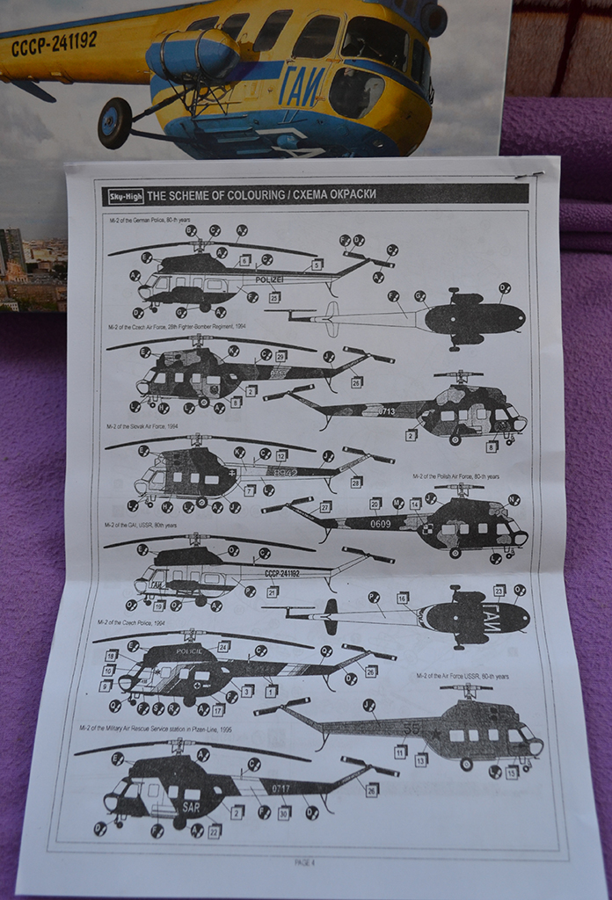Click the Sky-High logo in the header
click(124, 197)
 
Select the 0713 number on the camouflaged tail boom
click(386, 410)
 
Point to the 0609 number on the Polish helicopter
click(380, 524)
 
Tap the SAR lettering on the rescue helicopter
click(190, 807)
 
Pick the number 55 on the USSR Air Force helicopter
click(411, 729)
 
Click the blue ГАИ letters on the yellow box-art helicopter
click(301, 89)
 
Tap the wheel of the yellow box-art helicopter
click(114, 122)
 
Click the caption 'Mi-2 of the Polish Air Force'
click(455, 476)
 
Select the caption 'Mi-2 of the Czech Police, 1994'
click(132, 621)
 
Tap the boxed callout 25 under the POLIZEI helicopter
click(274, 298)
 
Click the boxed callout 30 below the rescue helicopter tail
click(284, 813)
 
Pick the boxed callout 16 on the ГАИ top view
click(403, 598)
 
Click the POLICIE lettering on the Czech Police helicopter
click(188, 651)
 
